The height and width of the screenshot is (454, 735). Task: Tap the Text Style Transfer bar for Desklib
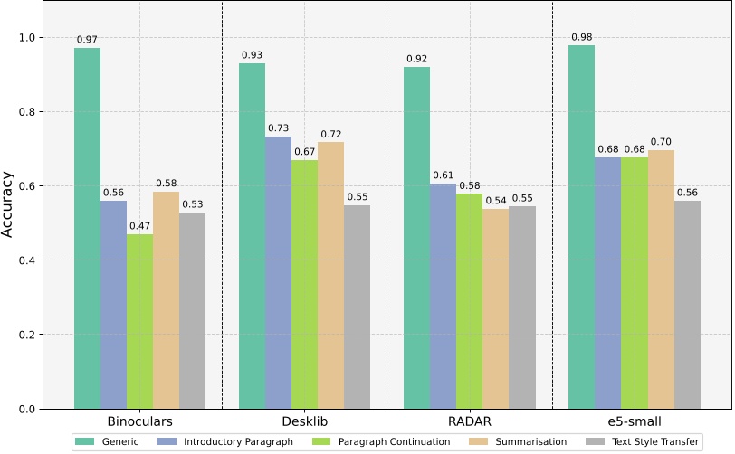coord(358,307)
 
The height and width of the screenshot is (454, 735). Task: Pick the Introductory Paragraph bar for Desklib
coord(278,272)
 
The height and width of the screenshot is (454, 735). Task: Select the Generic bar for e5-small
coord(581,226)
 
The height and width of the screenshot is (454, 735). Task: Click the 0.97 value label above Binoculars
coord(87,40)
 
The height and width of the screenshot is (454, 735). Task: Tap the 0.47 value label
coord(139,226)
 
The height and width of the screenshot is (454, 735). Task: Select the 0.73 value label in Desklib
coord(278,129)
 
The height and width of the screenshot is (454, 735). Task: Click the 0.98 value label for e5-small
coord(581,37)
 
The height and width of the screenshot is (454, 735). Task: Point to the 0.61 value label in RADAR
coord(444,175)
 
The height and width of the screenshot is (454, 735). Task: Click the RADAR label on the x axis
coord(470,422)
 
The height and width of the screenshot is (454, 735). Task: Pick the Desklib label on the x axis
coord(304,422)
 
